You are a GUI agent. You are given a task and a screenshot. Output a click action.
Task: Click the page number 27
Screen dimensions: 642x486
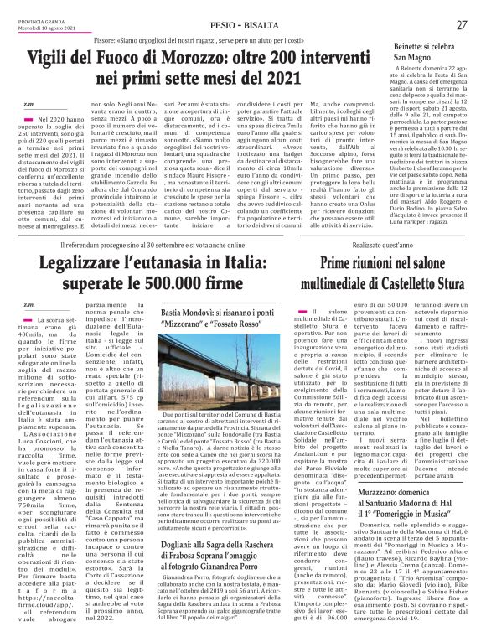(461, 25)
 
